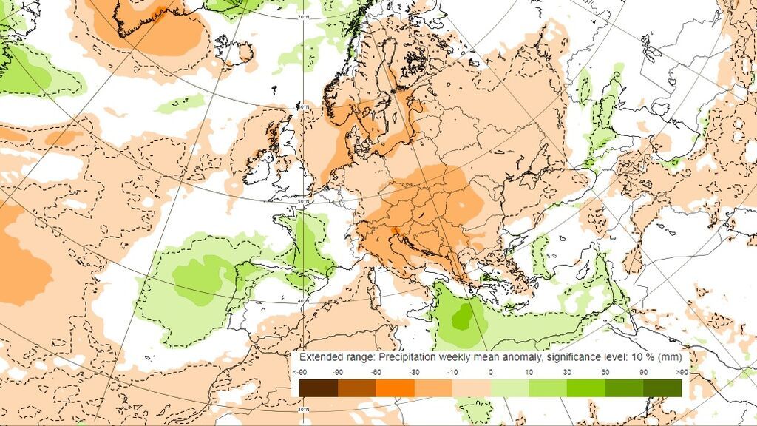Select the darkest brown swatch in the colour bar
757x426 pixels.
tap(319, 388)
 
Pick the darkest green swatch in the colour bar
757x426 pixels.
tap(662, 388)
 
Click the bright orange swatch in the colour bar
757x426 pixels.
tap(395, 388)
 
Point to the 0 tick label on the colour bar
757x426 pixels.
tap(491, 372)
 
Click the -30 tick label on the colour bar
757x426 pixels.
tap(414, 372)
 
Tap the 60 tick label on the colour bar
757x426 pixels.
tap(605, 372)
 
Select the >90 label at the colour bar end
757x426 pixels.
tap(682, 372)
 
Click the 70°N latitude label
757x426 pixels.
tap(302, 16)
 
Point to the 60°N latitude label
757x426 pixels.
tap(303, 107)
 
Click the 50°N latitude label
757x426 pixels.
tap(303, 201)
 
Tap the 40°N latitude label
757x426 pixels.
tap(303, 301)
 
